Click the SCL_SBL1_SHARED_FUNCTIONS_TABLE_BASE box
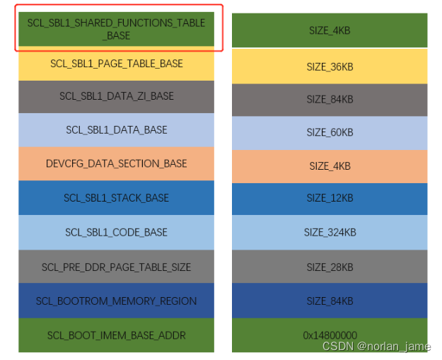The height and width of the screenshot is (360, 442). coord(116,29)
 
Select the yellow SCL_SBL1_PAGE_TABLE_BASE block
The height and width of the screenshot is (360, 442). coord(116,64)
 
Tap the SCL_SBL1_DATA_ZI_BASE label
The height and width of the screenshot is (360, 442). coord(116,96)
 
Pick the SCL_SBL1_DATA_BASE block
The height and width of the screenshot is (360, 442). coord(116,130)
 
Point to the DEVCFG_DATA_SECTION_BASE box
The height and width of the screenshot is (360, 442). coord(116,163)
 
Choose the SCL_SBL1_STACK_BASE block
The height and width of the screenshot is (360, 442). coord(116,197)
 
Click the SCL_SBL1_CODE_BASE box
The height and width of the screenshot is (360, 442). coord(116,232)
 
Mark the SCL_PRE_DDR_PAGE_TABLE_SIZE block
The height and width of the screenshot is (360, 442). coord(116,267)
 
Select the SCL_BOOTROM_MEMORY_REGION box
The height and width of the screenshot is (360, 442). coord(116,301)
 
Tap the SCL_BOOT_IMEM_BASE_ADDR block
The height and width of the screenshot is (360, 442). coord(116,335)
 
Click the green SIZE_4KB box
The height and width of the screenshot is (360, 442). coord(330,30)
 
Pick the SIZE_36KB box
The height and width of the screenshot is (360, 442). coord(330,66)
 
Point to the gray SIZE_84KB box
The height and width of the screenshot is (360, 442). coord(330,100)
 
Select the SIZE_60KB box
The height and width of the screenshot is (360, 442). coord(330,133)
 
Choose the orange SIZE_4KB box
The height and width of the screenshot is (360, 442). coord(330,166)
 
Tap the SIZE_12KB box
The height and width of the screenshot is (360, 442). coord(330,199)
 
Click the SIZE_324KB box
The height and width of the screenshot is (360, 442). coord(330,233)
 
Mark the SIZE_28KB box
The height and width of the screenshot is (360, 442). coord(330,267)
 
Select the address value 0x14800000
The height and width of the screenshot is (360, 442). coord(330,335)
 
